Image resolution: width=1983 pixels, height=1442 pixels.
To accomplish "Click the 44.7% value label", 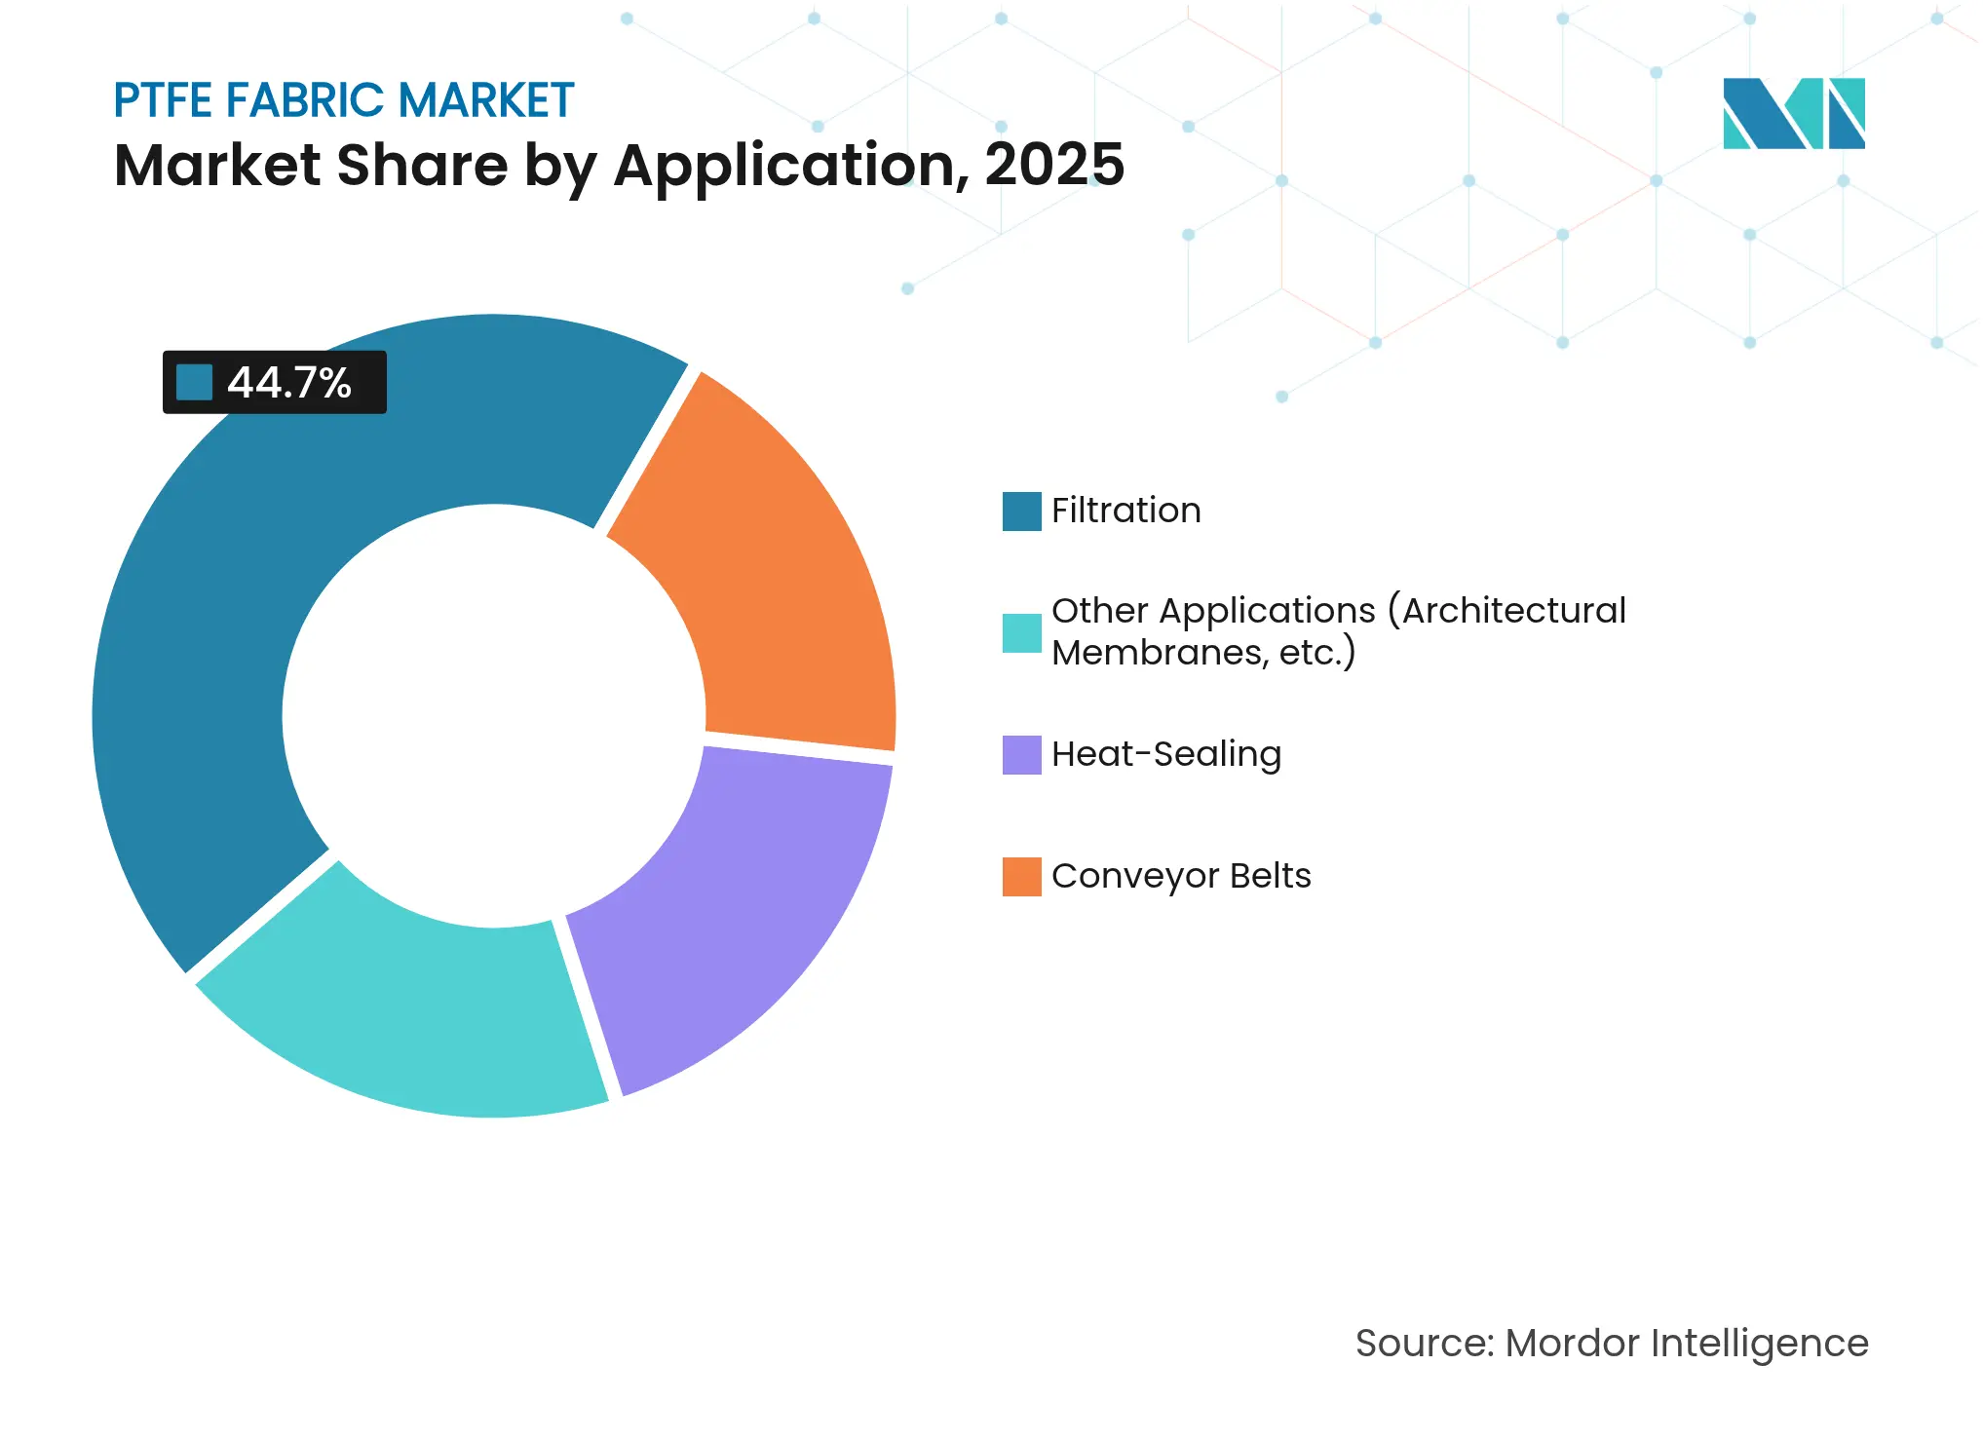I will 289,383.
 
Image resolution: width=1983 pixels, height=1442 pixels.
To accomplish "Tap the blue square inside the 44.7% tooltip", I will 194,382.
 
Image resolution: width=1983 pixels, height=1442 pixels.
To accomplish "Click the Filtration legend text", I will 1125,511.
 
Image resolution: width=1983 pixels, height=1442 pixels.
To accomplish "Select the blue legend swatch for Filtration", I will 1021,511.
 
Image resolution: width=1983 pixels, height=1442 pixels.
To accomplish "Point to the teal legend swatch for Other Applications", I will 1021,632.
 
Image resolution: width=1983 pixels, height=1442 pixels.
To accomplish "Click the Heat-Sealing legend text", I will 1165,754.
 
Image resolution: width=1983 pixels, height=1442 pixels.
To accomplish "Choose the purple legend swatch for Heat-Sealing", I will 1021,754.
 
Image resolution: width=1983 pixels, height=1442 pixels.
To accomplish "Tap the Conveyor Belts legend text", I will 1181,876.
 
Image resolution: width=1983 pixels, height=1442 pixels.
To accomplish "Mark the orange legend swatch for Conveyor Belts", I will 1021,876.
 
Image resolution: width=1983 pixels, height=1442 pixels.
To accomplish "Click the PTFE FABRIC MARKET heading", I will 343,100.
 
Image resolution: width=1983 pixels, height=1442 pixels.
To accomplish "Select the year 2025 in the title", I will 1054,165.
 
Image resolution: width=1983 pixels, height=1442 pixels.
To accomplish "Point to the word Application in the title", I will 785,165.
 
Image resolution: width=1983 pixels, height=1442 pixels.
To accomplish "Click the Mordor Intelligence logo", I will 1793,113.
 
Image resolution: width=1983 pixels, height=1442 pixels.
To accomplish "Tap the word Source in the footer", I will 1423,1343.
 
